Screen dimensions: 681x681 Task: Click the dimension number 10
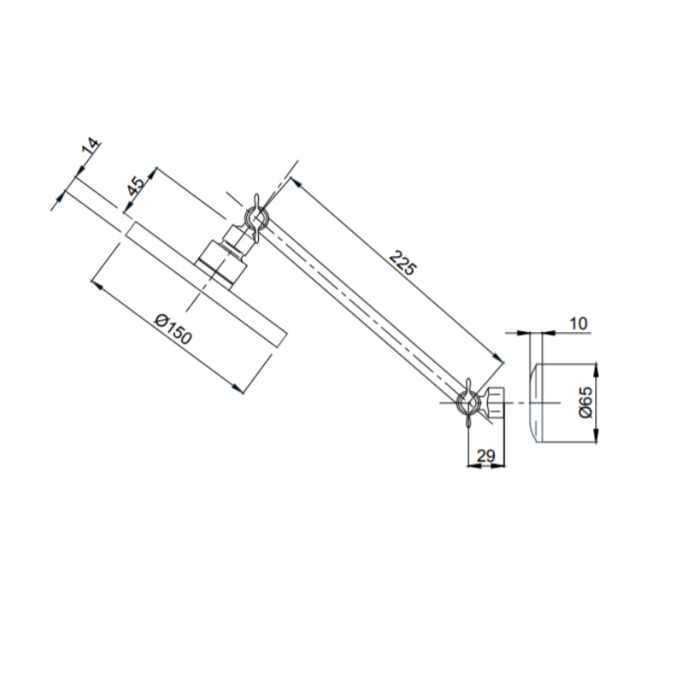coord(579,323)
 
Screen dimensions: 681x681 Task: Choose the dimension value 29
coord(486,455)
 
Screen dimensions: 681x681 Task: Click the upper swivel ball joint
coord(256,220)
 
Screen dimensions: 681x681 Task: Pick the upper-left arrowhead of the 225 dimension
coord(294,182)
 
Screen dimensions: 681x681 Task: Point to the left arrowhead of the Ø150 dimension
coord(96,284)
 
